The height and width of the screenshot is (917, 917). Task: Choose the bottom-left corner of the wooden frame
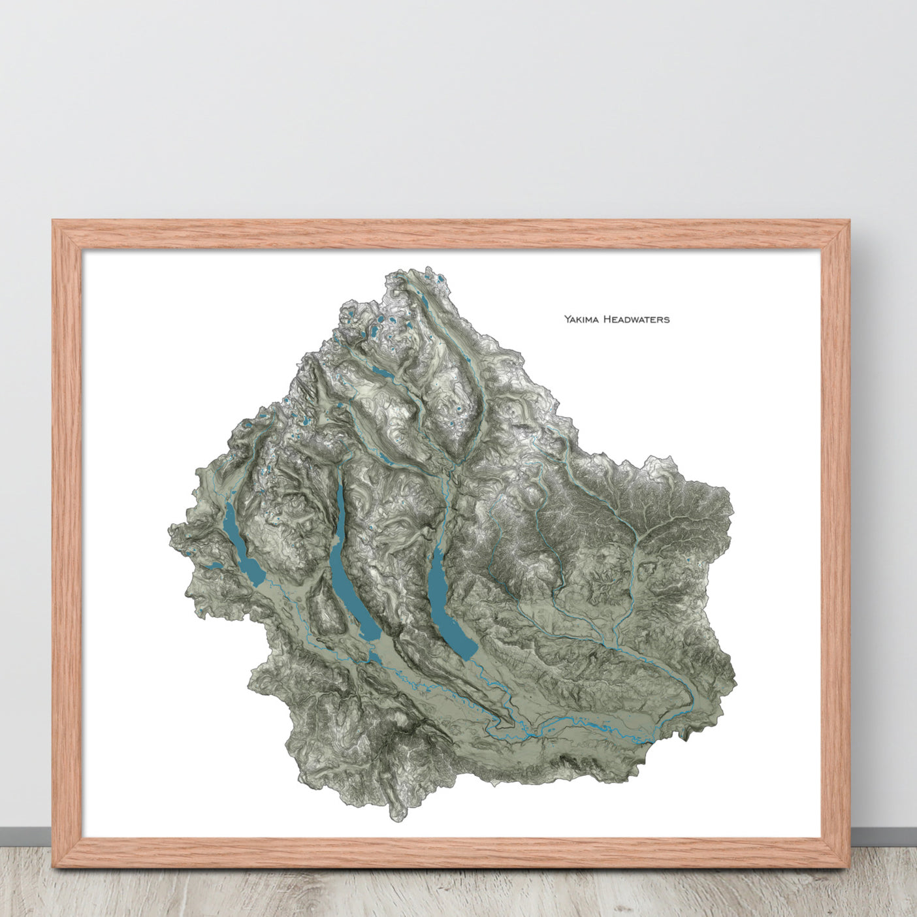pyautogui.click(x=54, y=866)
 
